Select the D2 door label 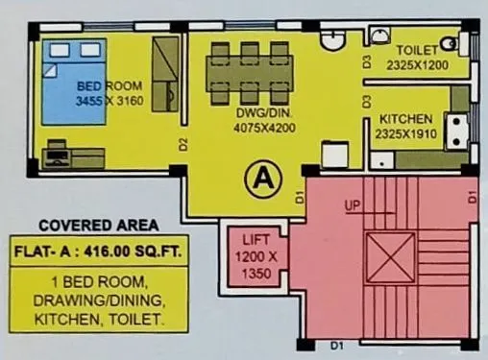tap(183, 146)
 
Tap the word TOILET tap(416, 49)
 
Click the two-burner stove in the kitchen tap(455, 130)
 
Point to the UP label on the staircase tap(353, 205)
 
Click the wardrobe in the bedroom tap(165, 72)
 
